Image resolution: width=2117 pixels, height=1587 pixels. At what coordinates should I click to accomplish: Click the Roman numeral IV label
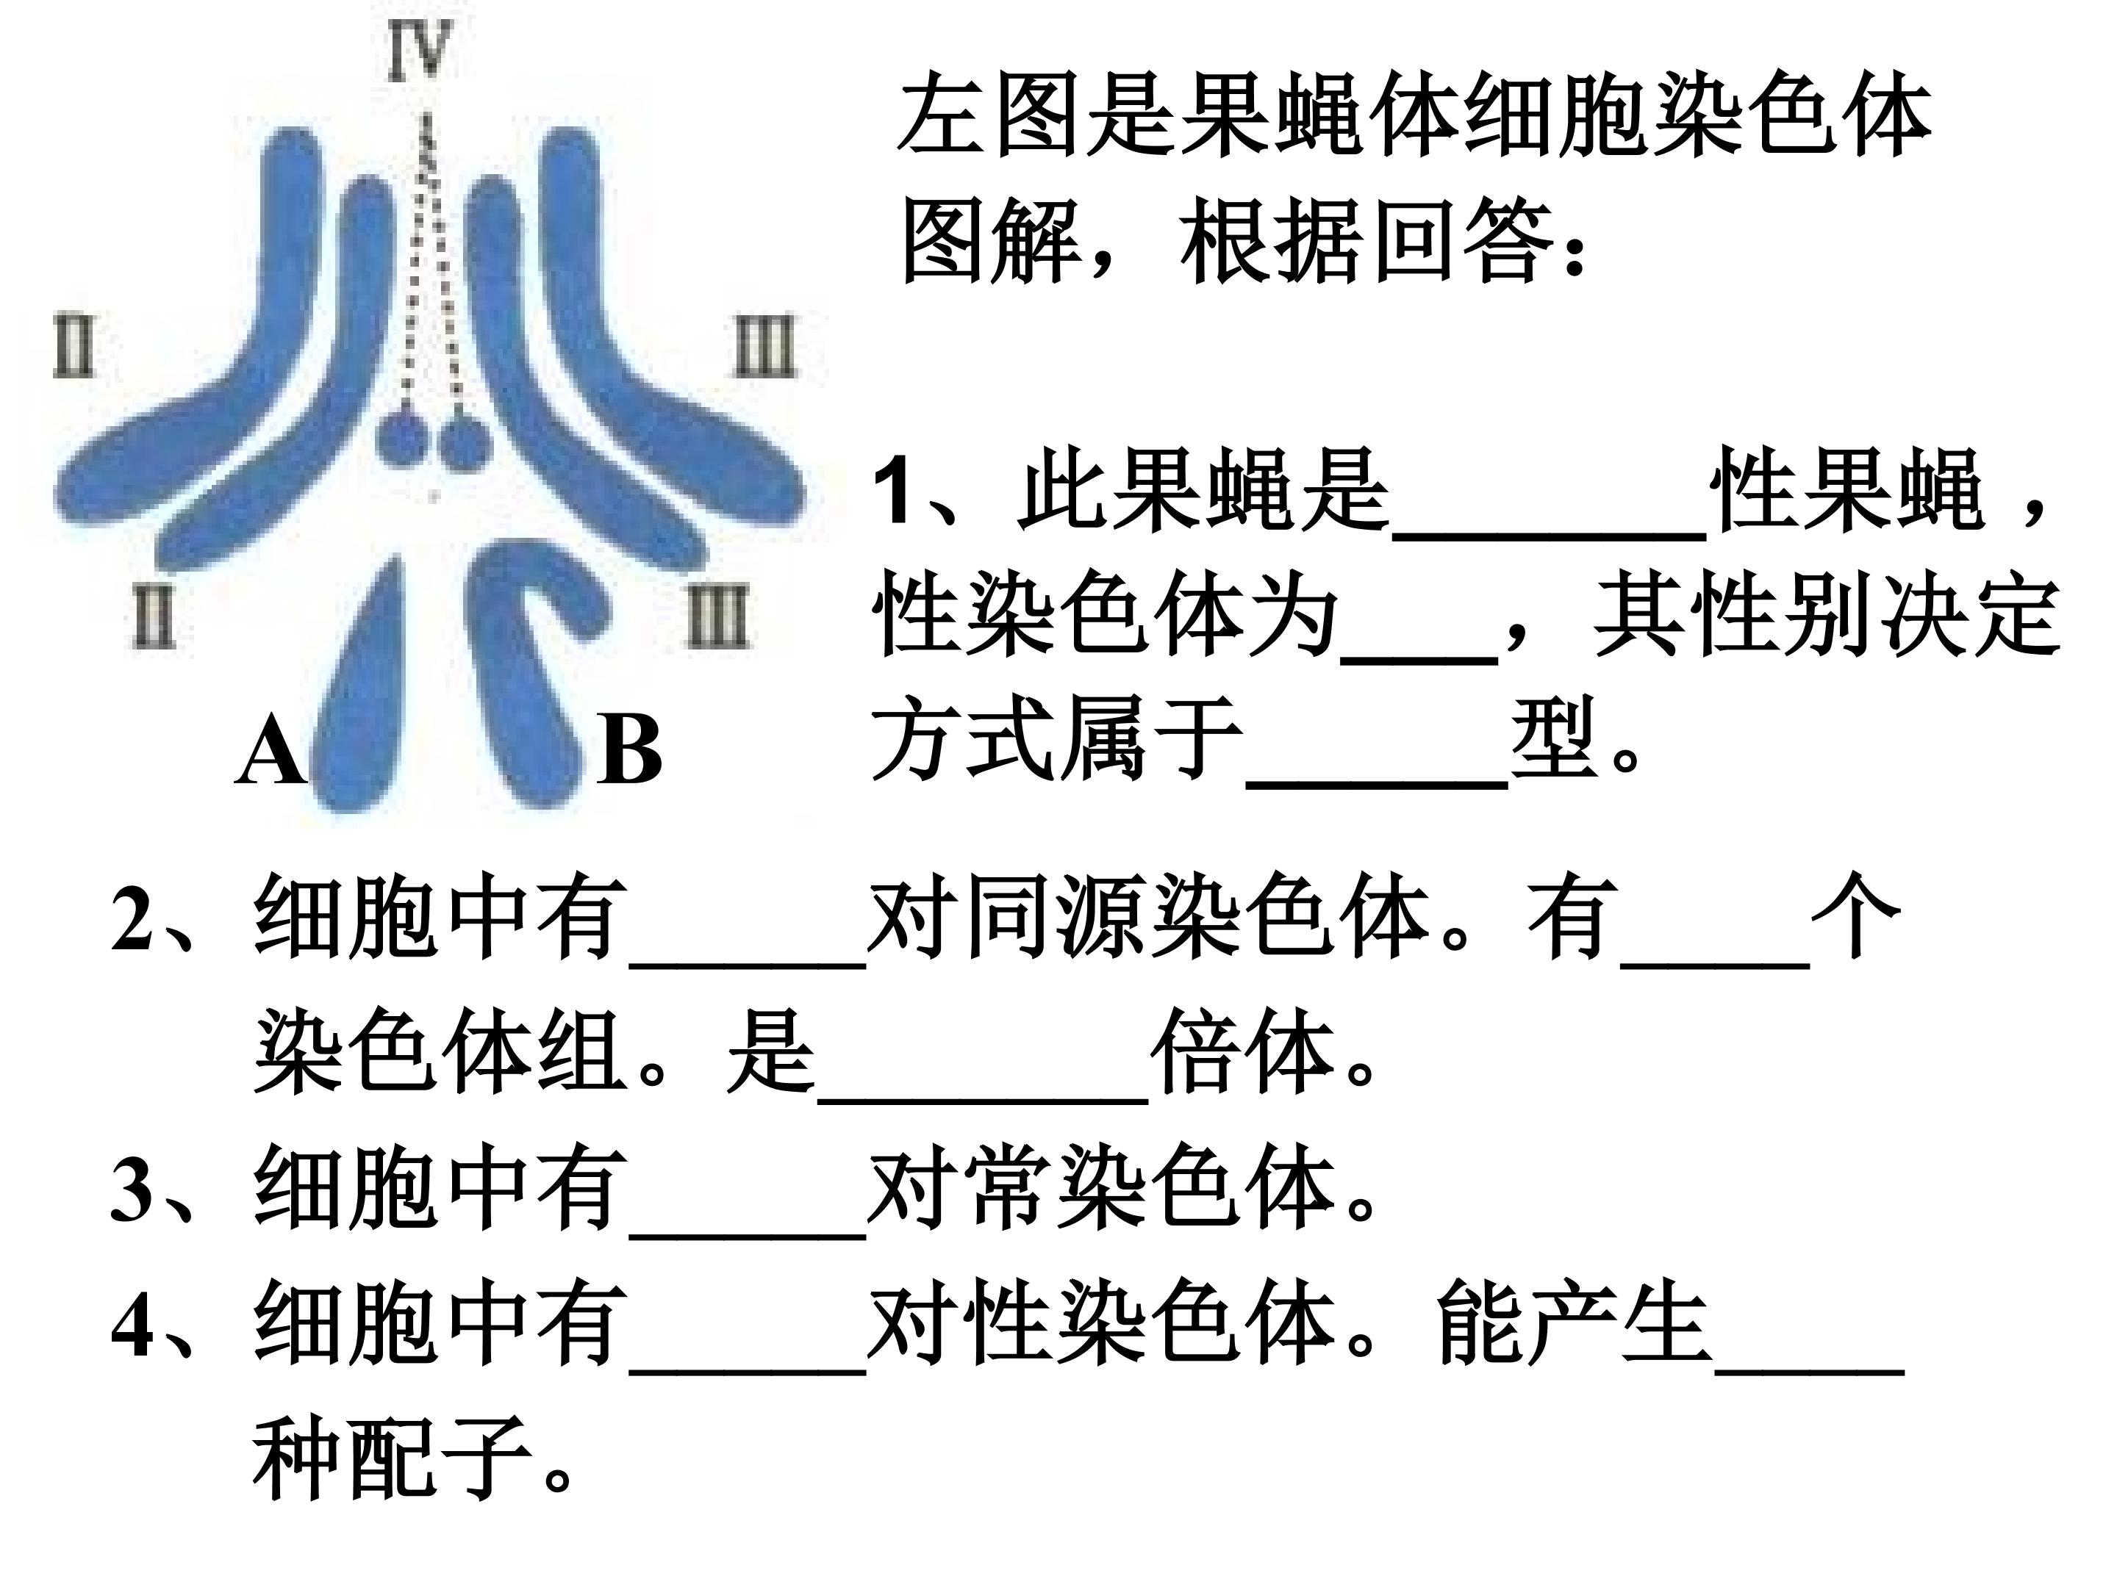[419, 51]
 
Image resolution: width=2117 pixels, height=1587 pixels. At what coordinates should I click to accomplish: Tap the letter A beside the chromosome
[270, 753]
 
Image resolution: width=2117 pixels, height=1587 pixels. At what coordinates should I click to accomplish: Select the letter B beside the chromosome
[628, 753]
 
